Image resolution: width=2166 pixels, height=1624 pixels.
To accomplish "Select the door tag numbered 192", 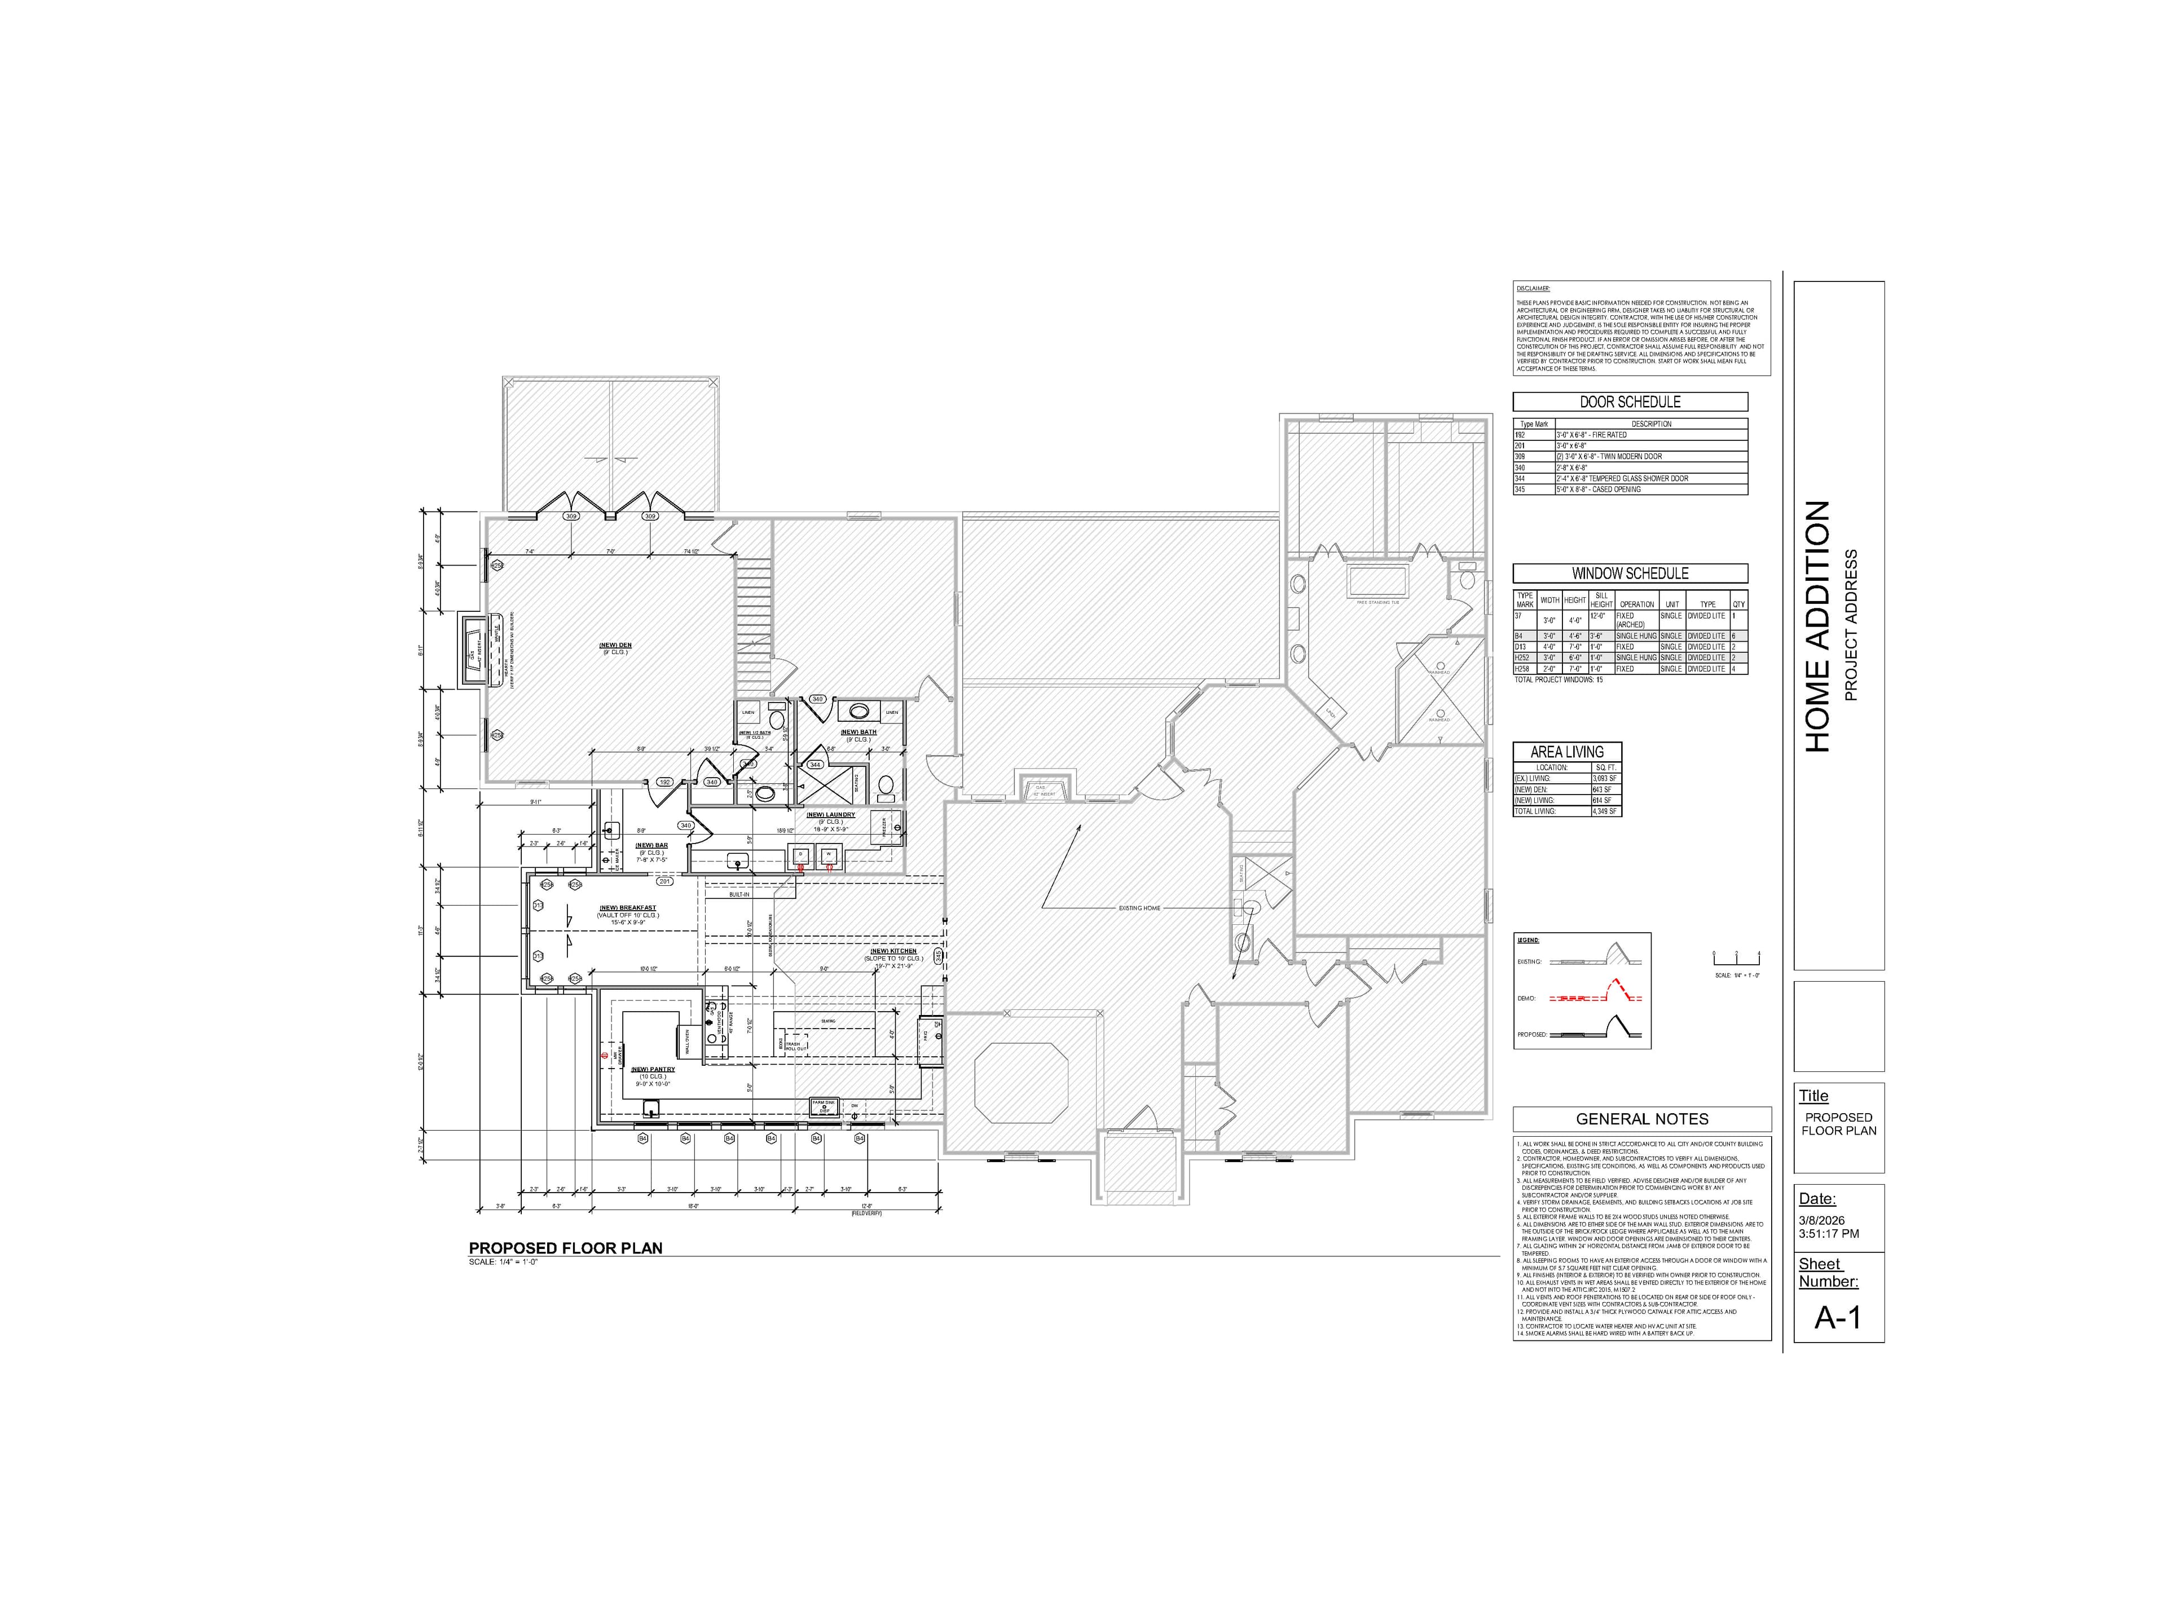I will [664, 782].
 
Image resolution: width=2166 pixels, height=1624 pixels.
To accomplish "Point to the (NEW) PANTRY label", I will [652, 1069].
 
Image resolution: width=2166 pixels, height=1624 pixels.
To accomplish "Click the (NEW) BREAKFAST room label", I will [628, 907].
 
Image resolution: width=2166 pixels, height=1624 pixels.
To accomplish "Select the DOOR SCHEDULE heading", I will [1630, 401].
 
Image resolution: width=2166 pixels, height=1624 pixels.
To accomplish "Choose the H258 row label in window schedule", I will [1522, 669].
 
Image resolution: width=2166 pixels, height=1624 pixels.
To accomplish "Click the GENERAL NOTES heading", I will [1641, 1119].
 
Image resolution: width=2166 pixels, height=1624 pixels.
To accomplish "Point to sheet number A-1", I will [1837, 1318].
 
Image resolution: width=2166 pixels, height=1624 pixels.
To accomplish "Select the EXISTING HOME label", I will [1139, 907].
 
